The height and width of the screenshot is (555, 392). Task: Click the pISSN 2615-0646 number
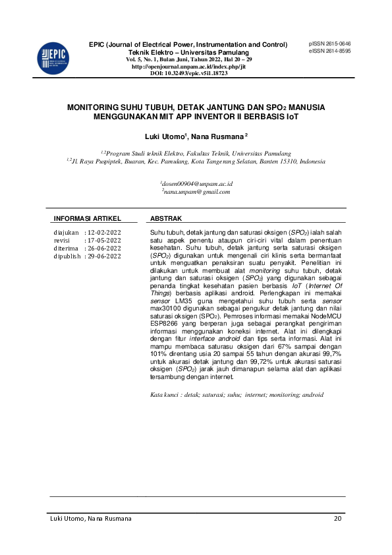point(329,44)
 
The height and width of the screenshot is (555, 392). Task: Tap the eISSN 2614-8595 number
point(329,51)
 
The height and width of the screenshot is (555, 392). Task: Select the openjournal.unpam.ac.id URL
point(188,67)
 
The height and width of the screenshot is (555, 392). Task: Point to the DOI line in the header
point(188,73)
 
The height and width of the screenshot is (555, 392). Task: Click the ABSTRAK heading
point(166,218)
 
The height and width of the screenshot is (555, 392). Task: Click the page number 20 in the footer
point(338,519)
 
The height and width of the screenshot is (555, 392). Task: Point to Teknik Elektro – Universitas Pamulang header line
point(188,52)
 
